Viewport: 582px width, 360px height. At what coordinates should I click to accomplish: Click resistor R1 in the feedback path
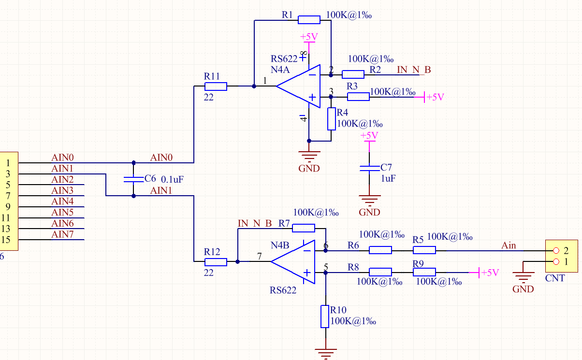point(309,20)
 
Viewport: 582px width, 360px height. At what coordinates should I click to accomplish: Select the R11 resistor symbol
point(216,86)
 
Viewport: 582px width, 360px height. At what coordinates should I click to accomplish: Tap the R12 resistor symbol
point(216,262)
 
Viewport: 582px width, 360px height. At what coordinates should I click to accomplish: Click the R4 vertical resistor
point(331,119)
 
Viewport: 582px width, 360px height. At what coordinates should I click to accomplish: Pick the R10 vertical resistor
point(325,317)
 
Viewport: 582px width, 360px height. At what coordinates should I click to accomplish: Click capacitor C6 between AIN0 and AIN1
point(133,179)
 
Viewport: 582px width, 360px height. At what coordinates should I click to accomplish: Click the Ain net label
point(509,245)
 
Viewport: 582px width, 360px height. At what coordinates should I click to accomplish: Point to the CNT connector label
point(554,278)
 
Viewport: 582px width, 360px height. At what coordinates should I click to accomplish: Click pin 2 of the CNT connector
point(556,250)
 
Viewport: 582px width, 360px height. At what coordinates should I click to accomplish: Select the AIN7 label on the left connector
point(62,235)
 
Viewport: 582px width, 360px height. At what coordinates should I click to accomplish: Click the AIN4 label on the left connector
point(62,202)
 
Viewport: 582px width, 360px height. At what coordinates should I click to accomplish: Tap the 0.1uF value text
point(172,179)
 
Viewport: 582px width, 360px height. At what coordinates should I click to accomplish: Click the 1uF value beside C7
point(388,178)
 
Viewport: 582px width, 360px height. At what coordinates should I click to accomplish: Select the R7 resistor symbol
point(304,228)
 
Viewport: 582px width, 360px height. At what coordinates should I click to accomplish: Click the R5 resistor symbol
point(424,250)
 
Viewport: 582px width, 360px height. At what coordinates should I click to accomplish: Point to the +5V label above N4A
point(309,37)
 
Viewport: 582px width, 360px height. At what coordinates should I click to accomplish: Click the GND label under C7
point(369,212)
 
